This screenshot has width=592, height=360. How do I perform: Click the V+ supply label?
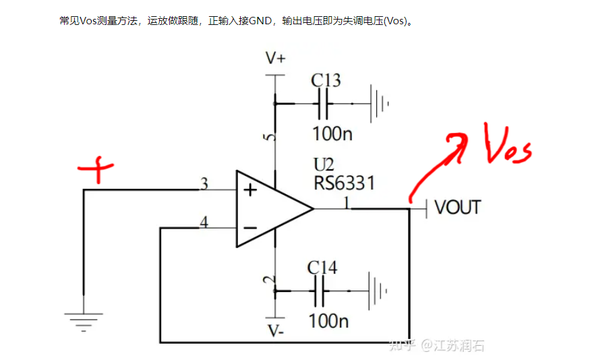pos(275,59)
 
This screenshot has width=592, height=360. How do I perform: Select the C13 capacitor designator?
pos(326,80)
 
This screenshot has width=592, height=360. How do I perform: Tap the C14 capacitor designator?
pos(322,268)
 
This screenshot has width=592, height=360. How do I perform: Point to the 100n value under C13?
pos(332,133)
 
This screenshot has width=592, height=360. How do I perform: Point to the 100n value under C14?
pos(328,320)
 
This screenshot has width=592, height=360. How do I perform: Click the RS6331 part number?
pos(344,183)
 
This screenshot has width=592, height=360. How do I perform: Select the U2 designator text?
pos(324,165)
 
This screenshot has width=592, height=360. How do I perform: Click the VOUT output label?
pos(458,207)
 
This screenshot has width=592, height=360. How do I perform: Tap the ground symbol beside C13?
pos(378,104)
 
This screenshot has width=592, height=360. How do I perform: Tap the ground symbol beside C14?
pos(376,291)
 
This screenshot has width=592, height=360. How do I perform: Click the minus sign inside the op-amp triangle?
pos(249,228)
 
